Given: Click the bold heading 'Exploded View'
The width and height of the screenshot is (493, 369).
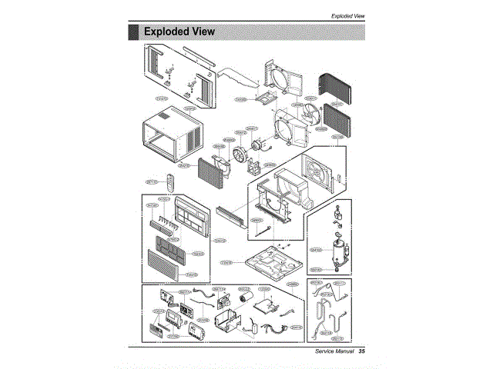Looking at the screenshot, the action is (x=179, y=32).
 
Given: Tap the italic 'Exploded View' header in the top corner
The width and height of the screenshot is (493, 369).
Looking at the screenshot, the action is (x=347, y=15).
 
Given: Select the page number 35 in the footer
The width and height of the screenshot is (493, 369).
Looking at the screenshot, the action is (x=361, y=352).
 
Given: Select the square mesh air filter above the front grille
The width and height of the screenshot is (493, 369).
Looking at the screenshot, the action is (x=172, y=246).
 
